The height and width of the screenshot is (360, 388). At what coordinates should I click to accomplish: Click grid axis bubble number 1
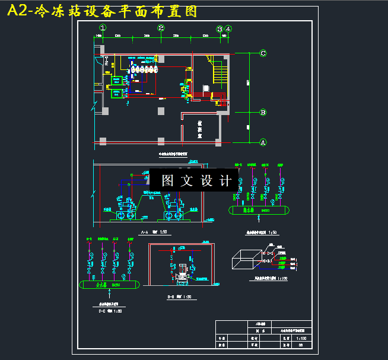point(103,28)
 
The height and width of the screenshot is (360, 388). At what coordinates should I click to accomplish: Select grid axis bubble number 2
point(161,28)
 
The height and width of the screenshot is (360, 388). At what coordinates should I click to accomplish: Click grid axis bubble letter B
point(263,112)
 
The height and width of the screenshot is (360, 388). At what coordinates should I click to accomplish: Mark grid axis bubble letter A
point(263,142)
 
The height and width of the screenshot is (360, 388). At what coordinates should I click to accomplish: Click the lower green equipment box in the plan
point(116,93)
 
